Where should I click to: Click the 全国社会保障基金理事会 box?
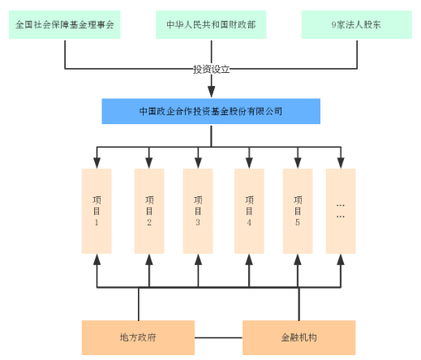(x=65, y=24)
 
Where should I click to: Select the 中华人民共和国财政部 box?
(x=211, y=24)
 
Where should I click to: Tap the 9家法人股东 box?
(x=357, y=24)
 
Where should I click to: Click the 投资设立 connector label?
(x=211, y=69)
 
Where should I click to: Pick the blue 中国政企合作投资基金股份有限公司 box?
(x=211, y=111)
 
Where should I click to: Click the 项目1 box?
(x=97, y=211)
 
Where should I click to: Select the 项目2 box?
(x=149, y=211)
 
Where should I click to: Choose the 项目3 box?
(x=198, y=211)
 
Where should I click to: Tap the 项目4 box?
(x=249, y=211)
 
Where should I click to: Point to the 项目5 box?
(x=298, y=211)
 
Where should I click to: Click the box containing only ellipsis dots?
(x=341, y=211)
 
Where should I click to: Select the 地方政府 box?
(x=138, y=337)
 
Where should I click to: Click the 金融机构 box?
(x=299, y=337)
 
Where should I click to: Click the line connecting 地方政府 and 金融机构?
(x=218, y=337)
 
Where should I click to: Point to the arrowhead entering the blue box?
(x=212, y=92)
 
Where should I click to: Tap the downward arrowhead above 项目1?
(x=97, y=163)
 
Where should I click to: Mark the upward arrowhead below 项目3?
(x=198, y=259)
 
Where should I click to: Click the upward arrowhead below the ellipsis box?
(x=341, y=259)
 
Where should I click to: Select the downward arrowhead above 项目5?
(x=298, y=163)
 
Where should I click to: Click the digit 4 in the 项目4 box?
(x=249, y=222)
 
